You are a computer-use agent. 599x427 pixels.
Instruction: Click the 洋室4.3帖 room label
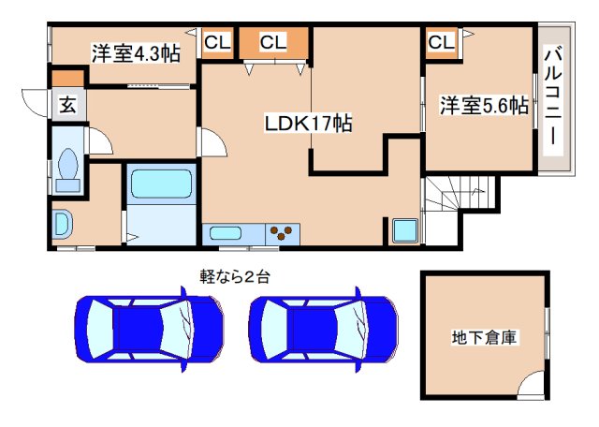pyautogui.click(x=135, y=52)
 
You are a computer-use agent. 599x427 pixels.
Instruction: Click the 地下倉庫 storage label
pyautogui.click(x=485, y=336)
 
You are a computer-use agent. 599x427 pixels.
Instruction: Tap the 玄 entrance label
pyautogui.click(x=68, y=104)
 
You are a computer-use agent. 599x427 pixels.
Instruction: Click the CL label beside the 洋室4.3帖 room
pyautogui.click(x=217, y=42)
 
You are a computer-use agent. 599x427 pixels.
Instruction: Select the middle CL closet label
pyautogui.click(x=272, y=42)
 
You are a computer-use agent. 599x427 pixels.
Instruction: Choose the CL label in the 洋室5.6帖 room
pyautogui.click(x=442, y=42)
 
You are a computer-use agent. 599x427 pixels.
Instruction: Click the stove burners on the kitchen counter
pyautogui.click(x=283, y=233)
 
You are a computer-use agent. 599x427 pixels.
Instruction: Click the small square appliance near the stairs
pyautogui.click(x=405, y=230)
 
